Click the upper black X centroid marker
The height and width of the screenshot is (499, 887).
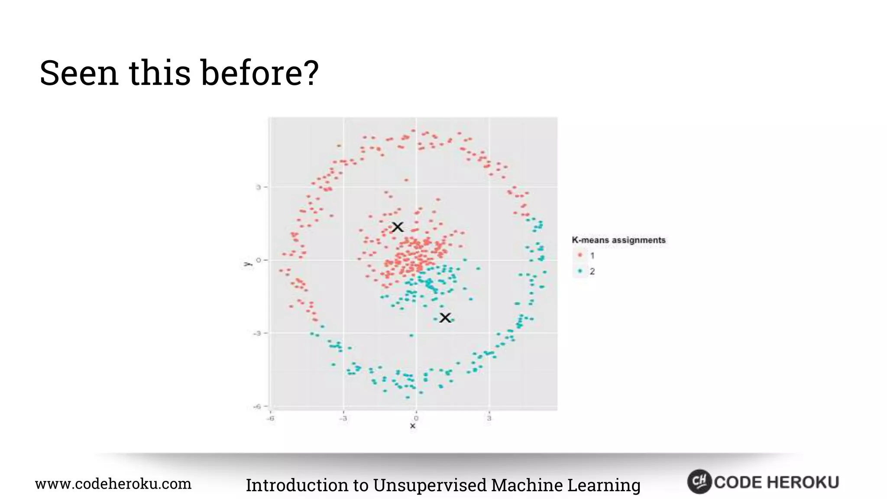(x=398, y=227)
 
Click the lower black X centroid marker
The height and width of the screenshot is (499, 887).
(x=445, y=318)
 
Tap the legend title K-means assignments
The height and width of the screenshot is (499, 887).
(x=618, y=240)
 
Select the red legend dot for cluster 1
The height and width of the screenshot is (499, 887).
(x=580, y=255)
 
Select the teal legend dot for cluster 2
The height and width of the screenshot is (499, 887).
(x=580, y=271)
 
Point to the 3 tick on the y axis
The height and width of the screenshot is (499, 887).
(x=259, y=187)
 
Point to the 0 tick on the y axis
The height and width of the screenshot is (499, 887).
(x=259, y=260)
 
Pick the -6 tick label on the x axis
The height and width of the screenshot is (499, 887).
(x=271, y=418)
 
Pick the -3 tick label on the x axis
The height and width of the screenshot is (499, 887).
(x=343, y=418)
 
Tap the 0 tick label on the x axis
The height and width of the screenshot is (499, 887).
(x=416, y=418)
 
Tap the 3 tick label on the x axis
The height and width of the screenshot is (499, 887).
(x=489, y=418)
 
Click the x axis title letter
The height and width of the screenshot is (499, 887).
(x=413, y=426)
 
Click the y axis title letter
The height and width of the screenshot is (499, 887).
(x=247, y=264)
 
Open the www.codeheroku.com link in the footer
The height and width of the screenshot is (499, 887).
(x=113, y=484)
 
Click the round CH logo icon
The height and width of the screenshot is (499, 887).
(x=699, y=482)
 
